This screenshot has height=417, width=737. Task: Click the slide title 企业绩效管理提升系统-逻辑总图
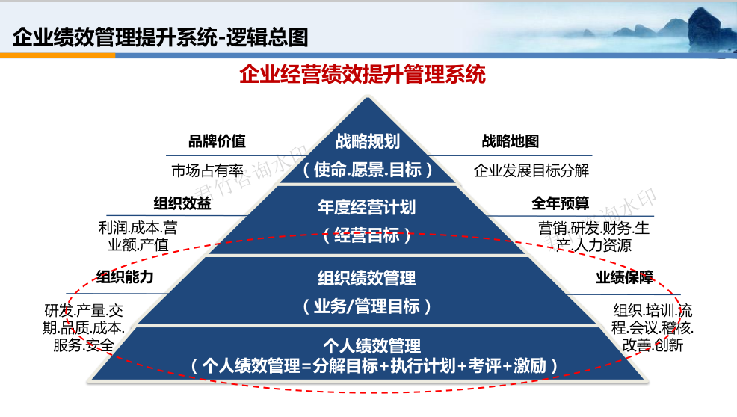[x=160, y=37]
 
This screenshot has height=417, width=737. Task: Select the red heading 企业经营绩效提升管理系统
[x=363, y=74]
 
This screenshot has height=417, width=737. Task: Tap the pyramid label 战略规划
[x=368, y=141]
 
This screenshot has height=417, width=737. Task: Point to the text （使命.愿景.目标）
[x=368, y=170]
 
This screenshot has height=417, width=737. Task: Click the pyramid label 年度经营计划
[x=366, y=207]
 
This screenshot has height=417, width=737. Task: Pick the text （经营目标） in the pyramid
[x=366, y=235]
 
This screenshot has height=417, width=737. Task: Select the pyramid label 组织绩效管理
[x=366, y=278]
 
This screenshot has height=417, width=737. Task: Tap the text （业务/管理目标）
[x=366, y=306]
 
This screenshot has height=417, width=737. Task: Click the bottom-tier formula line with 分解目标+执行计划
[x=374, y=365]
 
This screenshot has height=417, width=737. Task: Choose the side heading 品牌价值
[x=218, y=141]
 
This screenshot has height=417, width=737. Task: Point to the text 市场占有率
[x=207, y=170]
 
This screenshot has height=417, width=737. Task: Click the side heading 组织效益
[x=182, y=203]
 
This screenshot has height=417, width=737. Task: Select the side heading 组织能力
[x=125, y=277]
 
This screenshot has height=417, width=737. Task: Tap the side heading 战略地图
[x=511, y=141]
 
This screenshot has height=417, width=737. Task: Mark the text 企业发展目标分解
[x=531, y=170]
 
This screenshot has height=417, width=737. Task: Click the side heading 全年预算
[x=561, y=203]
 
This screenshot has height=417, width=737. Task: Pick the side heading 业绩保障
[x=625, y=277]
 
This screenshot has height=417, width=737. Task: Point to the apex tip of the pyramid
[x=368, y=97]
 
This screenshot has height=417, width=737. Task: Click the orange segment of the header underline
[x=58, y=55]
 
